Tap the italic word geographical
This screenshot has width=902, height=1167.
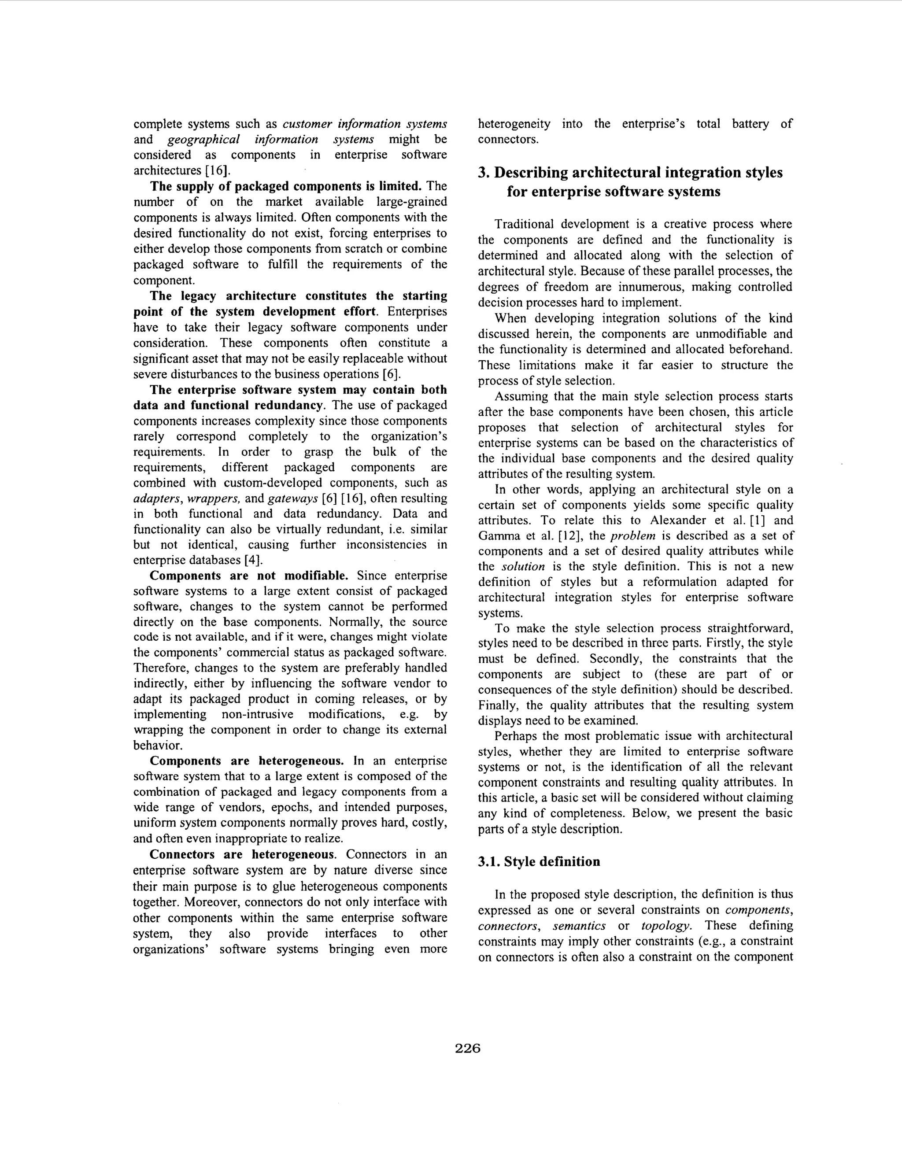point(203,140)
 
